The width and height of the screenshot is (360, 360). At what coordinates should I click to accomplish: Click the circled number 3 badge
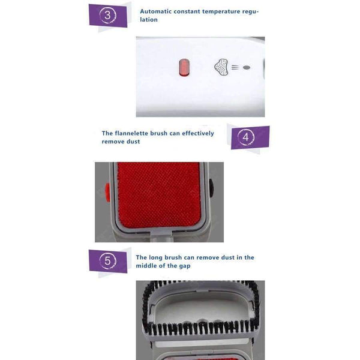107,16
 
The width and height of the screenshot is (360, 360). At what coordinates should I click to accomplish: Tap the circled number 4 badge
245,137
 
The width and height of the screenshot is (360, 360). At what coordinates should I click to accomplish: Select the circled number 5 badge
107,261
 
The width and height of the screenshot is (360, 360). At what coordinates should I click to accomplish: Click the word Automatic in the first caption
155,11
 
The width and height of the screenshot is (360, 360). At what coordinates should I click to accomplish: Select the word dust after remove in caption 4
133,142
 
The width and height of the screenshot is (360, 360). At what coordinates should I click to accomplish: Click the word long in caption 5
155,258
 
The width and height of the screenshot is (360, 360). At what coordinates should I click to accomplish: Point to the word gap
185,266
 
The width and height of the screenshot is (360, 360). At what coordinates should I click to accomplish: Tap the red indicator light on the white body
185,67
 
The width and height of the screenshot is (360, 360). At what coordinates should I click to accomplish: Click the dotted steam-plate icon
221,67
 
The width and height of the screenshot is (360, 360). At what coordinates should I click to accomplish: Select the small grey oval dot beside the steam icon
247,67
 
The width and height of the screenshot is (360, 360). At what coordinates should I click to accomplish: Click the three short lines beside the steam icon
235,67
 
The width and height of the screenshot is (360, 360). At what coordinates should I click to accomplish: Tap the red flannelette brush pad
159,195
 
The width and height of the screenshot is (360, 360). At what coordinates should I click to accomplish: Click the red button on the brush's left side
107,192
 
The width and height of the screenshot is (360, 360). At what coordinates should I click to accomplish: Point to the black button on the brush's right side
211,188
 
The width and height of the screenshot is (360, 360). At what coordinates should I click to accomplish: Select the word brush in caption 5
173,257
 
